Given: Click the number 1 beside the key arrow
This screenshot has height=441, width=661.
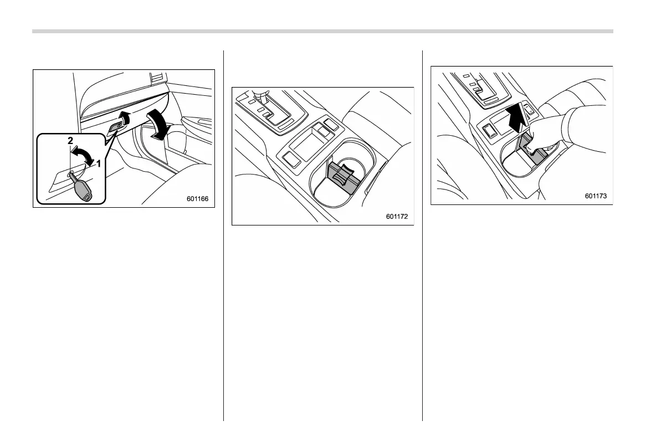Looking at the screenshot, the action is [x=98, y=163].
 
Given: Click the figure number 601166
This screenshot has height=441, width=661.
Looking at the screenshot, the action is [x=198, y=199].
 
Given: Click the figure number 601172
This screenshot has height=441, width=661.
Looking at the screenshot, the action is [x=397, y=217].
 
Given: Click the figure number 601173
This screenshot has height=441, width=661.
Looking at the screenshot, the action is [x=596, y=196].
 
